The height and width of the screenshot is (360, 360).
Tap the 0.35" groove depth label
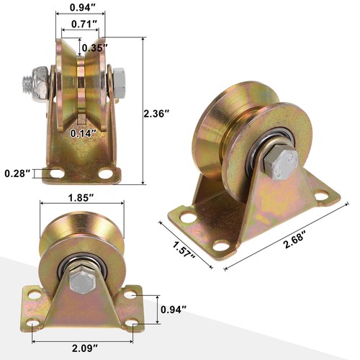pos(95,48)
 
